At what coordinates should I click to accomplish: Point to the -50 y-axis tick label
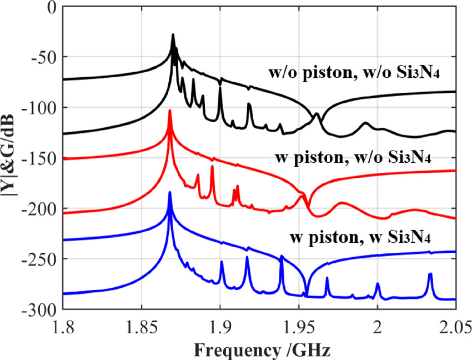click(x=44, y=57)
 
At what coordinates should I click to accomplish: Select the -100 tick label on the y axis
click(x=41, y=108)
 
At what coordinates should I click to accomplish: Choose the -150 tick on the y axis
click(x=41, y=158)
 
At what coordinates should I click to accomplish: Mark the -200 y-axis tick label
click(x=41, y=209)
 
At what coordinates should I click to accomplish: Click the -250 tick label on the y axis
click(x=41, y=259)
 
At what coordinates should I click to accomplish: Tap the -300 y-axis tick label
click(x=41, y=309)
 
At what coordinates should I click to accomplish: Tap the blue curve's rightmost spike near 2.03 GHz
click(x=430, y=274)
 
